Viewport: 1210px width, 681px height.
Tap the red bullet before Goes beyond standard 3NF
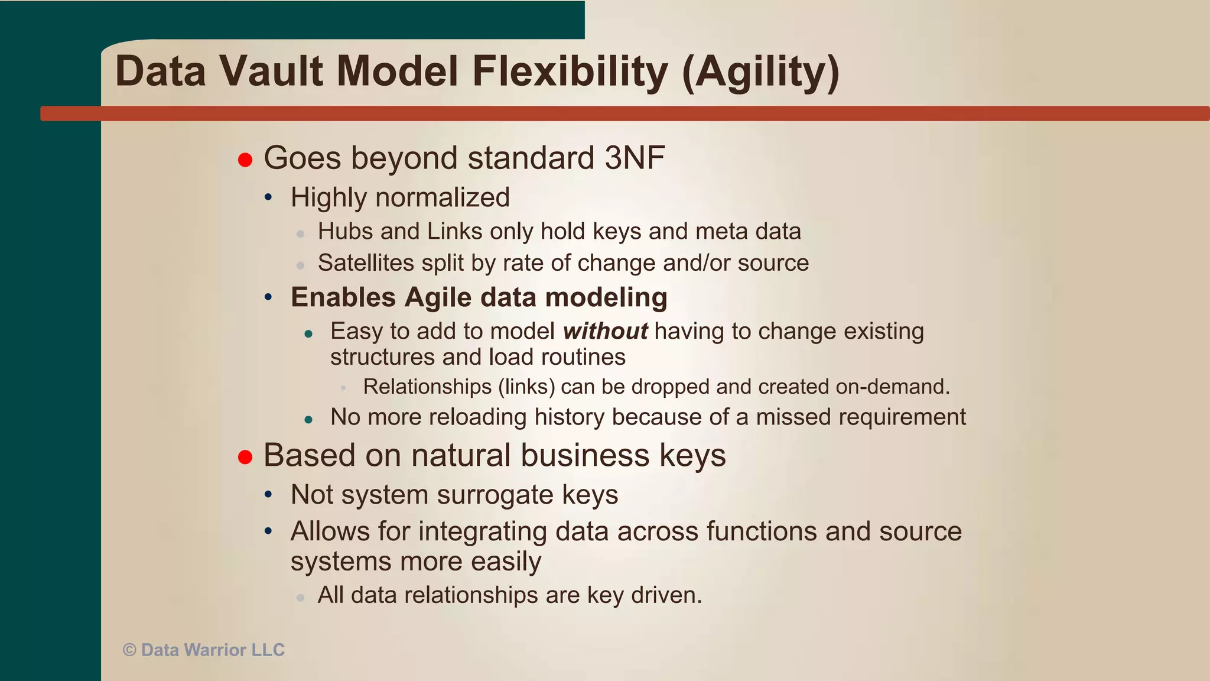(x=245, y=160)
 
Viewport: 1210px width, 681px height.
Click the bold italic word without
(x=605, y=331)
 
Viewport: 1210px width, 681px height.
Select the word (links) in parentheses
(x=526, y=387)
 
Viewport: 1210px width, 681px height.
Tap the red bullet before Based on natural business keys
(x=245, y=457)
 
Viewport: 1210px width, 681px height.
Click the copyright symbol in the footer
(x=129, y=650)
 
